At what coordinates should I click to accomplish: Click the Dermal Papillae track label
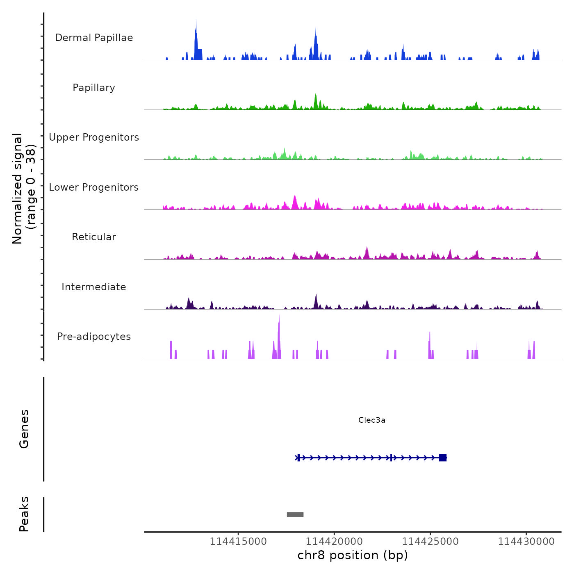[94, 38]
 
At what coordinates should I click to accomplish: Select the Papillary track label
[94, 88]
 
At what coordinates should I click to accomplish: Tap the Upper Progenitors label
[94, 137]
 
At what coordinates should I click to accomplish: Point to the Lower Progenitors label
[94, 187]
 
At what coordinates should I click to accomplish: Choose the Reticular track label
[94, 237]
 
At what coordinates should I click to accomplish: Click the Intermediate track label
[94, 287]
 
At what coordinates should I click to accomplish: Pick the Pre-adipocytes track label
[94, 337]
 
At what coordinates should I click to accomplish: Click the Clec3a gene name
[372, 420]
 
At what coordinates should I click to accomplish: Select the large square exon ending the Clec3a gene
[443, 458]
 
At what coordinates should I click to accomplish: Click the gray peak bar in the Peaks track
[295, 515]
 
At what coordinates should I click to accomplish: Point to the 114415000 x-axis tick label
[238, 542]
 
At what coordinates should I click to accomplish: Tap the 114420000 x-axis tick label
[334, 542]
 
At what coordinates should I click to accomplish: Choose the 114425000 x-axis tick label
[430, 542]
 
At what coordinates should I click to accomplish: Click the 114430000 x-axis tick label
[526, 542]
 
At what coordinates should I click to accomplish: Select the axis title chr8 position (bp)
[353, 555]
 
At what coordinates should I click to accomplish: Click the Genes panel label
[24, 429]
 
